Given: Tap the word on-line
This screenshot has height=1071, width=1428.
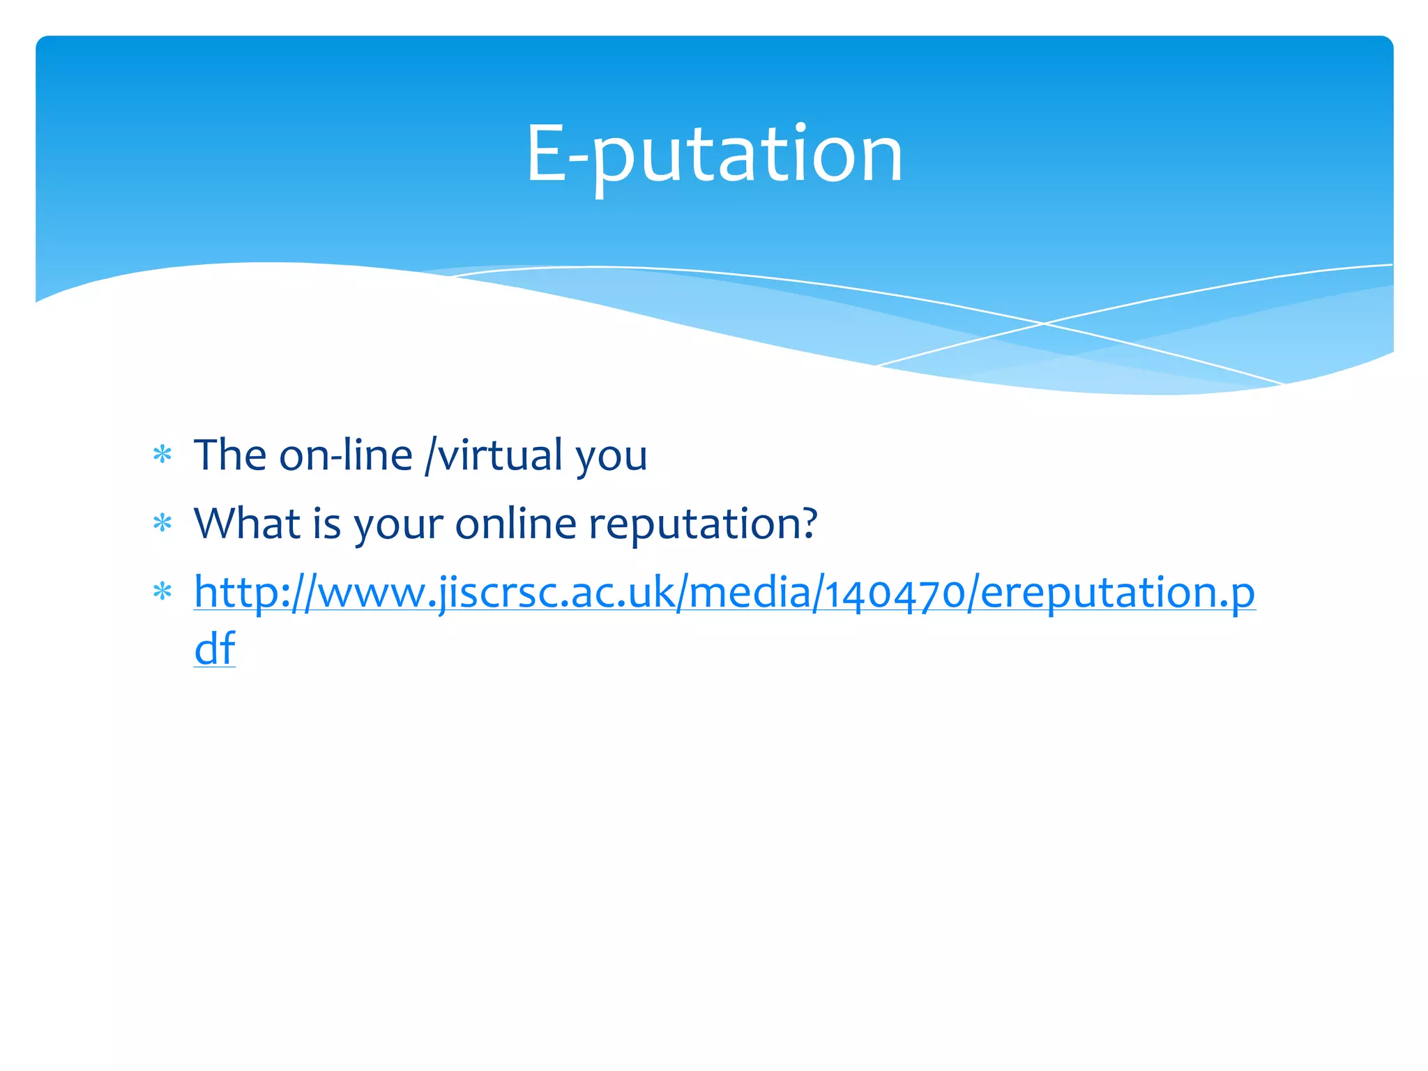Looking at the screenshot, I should click(x=346, y=455).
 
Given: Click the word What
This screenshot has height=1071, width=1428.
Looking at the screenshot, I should click(x=247, y=523).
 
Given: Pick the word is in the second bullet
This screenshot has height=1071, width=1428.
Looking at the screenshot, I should click(x=326, y=523).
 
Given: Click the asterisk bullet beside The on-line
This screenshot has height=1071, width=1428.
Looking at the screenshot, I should click(x=162, y=455).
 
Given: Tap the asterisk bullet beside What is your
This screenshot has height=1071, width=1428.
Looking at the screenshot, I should click(x=162, y=523).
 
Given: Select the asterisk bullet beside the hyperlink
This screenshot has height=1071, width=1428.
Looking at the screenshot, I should click(x=162, y=592).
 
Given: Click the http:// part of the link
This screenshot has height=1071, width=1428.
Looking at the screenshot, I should click(x=255, y=592).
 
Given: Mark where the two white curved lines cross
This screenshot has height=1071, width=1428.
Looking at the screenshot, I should click(x=1044, y=324).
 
